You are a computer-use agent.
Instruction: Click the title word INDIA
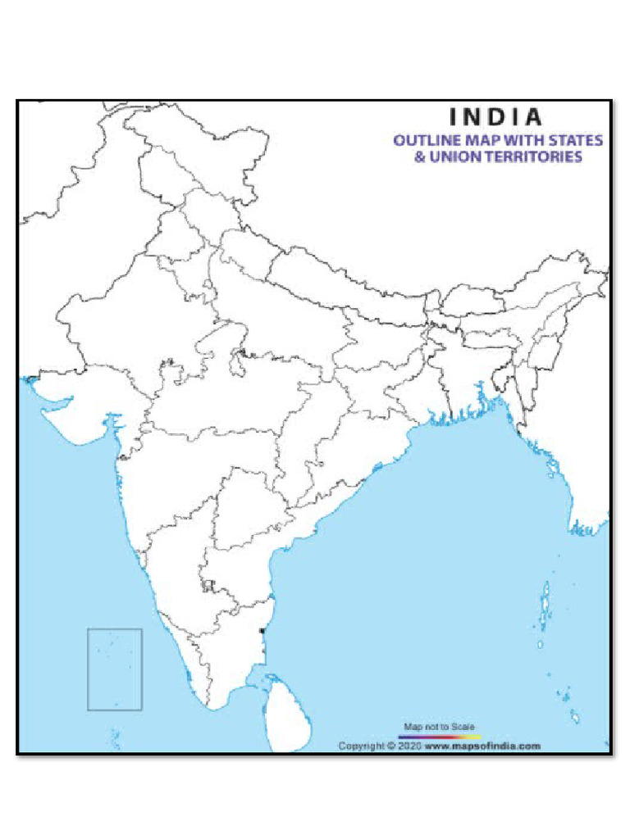point(496,117)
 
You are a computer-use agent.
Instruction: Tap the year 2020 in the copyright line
point(408,746)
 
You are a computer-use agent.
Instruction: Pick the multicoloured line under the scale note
point(439,737)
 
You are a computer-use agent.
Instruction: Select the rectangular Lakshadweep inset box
point(115,669)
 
